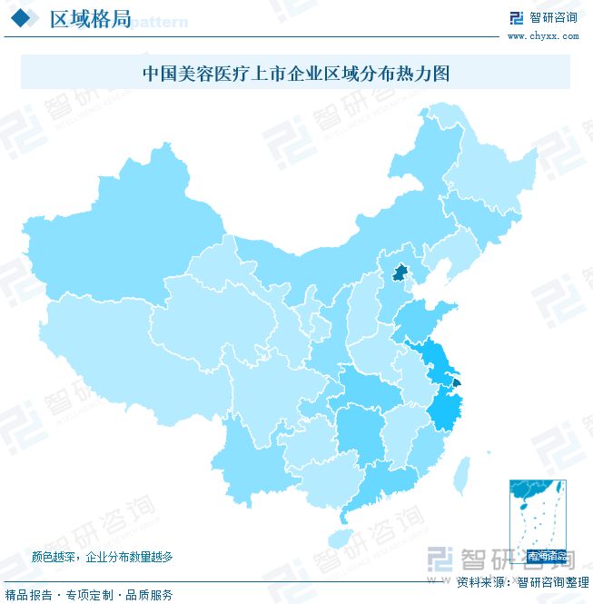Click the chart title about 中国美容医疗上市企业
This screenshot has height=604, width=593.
coord(296,73)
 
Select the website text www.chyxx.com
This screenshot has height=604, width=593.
coord(542,36)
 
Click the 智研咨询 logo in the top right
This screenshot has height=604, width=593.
coord(542,17)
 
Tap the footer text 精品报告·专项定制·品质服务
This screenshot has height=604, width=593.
coord(89,595)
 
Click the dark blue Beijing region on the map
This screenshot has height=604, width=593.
coord(398,272)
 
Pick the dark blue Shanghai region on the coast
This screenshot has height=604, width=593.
coord(456,383)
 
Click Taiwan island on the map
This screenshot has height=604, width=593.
coord(461,471)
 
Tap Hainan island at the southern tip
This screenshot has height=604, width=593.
coord(341,538)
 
